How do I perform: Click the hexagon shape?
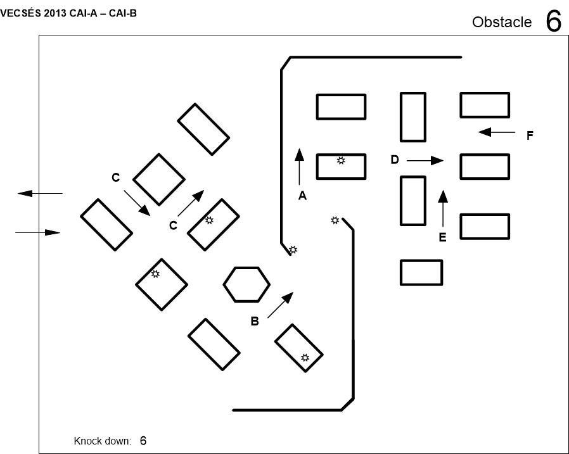pyautogui.click(x=246, y=284)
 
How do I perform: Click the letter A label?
pyautogui.click(x=302, y=196)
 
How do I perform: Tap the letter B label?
pyautogui.click(x=254, y=321)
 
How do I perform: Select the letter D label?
pyautogui.click(x=395, y=160)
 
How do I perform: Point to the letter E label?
pyautogui.click(x=442, y=237)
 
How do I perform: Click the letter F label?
pyautogui.click(x=530, y=136)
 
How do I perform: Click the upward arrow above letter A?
pyautogui.click(x=299, y=166)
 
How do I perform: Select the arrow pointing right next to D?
pyautogui.click(x=425, y=161)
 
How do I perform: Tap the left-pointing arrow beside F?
pyautogui.click(x=497, y=132)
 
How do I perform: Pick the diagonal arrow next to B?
pyautogui.click(x=281, y=305)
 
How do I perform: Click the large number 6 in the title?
pyautogui.click(x=553, y=22)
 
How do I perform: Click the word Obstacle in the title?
pyautogui.click(x=502, y=22)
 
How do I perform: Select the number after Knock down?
pyautogui.click(x=143, y=440)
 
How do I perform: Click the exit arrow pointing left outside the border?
pyautogui.click(x=39, y=193)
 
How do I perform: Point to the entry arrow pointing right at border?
pyautogui.click(x=38, y=233)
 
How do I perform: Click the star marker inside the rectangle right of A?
pyautogui.click(x=341, y=161)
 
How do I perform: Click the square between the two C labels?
pyautogui.click(x=158, y=180)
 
